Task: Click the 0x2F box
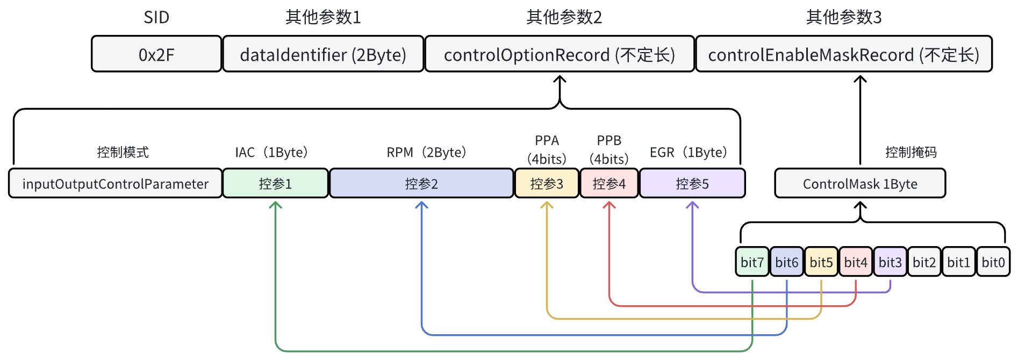point(156,54)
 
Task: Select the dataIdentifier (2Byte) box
point(323,54)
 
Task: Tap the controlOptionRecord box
point(560,54)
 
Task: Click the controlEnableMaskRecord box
point(843,54)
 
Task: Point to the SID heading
point(156,18)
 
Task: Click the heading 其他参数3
point(843,18)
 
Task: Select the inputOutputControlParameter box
point(115,184)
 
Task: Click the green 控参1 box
point(275,184)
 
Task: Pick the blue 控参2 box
point(421,184)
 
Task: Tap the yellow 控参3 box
point(547,184)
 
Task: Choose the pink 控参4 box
point(609,184)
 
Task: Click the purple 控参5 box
point(692,184)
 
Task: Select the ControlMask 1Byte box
point(860,184)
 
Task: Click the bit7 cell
point(752,262)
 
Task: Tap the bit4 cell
point(856,262)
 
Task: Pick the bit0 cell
point(993,262)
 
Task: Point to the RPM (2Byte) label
point(426,153)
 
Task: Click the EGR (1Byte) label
point(689,153)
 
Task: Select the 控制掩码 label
point(911,153)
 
